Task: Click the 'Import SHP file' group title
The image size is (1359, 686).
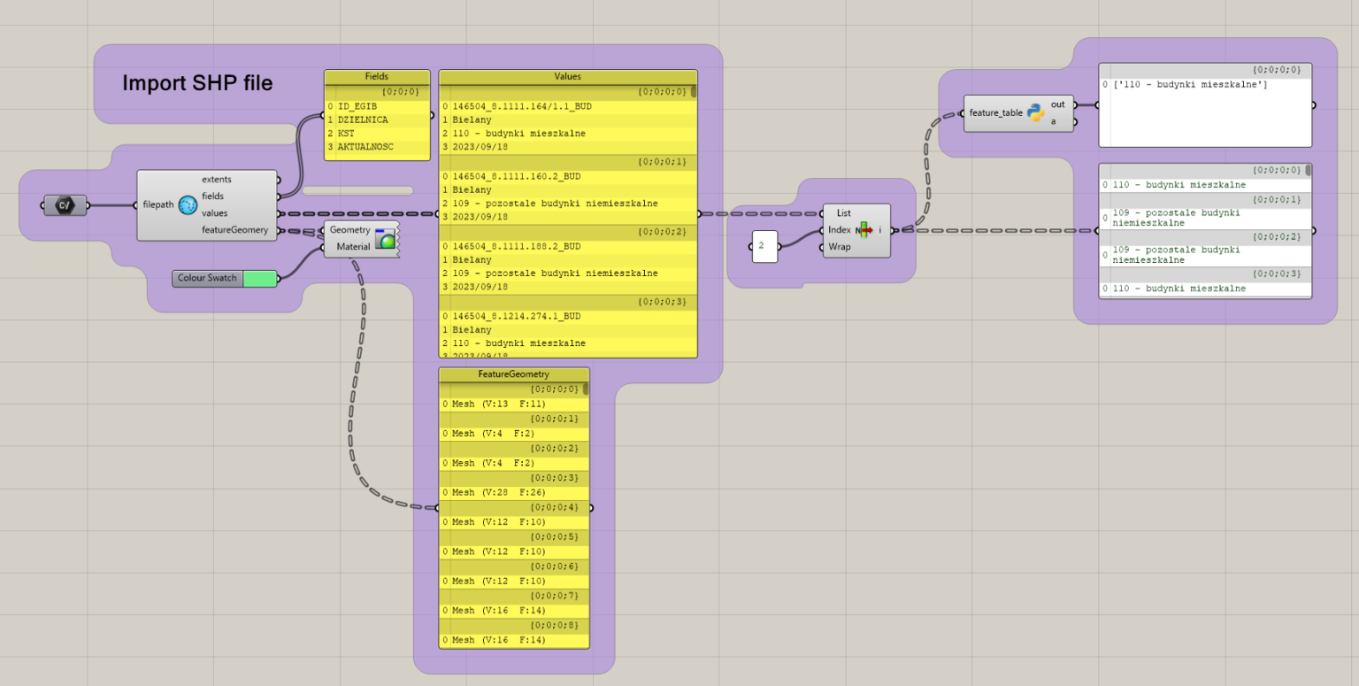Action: (x=197, y=83)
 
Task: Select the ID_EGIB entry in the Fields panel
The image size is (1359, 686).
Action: (x=357, y=106)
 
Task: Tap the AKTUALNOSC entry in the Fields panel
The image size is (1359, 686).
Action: (x=365, y=147)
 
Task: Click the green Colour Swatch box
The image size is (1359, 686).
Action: (x=259, y=278)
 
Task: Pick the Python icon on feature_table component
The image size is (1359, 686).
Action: (x=1036, y=113)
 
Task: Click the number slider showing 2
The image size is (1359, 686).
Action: (x=764, y=246)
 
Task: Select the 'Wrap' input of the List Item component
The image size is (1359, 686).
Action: (x=840, y=247)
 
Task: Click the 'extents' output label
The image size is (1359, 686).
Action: (x=217, y=180)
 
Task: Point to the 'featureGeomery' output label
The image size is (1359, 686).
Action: (x=234, y=230)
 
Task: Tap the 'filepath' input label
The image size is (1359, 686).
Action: (x=159, y=205)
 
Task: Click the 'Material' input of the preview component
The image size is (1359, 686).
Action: (x=353, y=247)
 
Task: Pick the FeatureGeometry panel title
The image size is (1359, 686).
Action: (x=513, y=374)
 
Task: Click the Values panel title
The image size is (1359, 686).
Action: (x=567, y=77)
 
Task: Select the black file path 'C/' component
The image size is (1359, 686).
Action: (x=65, y=205)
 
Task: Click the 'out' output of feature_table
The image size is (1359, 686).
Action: (x=1058, y=104)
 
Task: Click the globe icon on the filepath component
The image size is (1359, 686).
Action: (x=188, y=205)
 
